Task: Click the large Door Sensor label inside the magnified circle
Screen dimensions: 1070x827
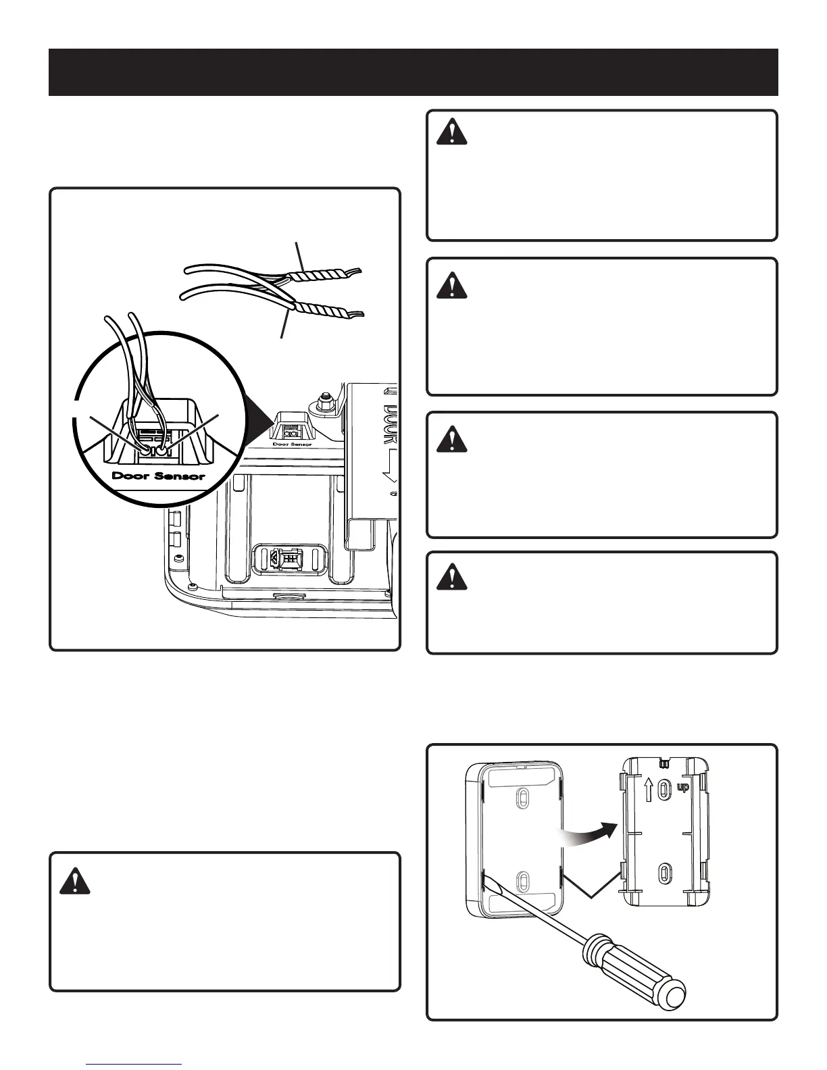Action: coord(158,476)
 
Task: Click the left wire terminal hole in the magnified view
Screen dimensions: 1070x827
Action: coord(144,447)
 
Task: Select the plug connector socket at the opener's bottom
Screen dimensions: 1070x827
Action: coord(284,558)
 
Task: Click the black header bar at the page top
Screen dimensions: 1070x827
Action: coord(413,72)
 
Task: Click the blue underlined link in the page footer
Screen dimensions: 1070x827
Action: coord(134,1065)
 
